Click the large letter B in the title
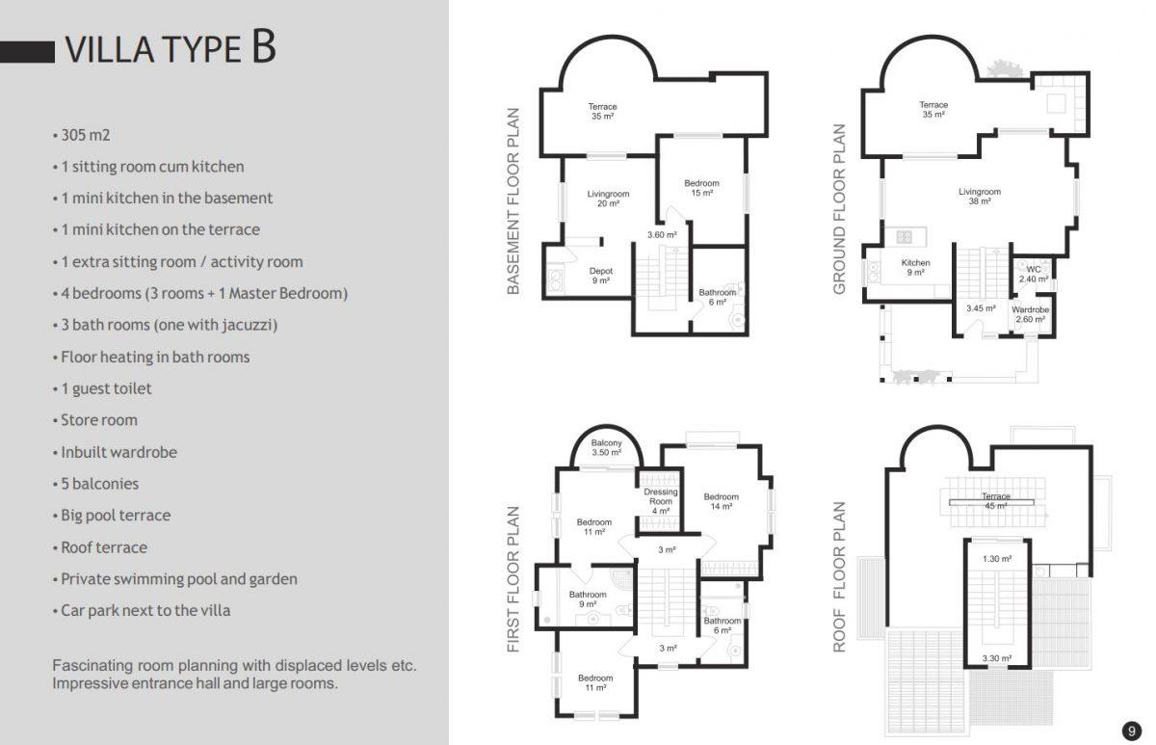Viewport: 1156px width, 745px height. pyautogui.click(x=264, y=46)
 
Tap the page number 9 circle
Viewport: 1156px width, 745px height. pyautogui.click(x=1131, y=731)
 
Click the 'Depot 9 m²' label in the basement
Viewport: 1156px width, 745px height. pyautogui.click(x=601, y=276)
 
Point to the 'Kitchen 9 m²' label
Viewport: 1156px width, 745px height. pyautogui.click(x=915, y=267)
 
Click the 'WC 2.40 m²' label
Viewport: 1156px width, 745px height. pyautogui.click(x=1033, y=274)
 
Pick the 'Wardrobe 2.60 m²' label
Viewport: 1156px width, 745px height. pyautogui.click(x=1030, y=314)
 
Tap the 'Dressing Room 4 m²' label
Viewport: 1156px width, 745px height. pyautogui.click(x=661, y=501)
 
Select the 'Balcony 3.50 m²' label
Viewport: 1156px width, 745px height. pyautogui.click(x=606, y=447)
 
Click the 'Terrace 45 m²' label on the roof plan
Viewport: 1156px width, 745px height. pyautogui.click(x=995, y=501)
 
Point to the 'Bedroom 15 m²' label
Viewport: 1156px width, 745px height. pyautogui.click(x=702, y=188)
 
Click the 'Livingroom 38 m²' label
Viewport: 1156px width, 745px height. pyautogui.click(x=980, y=197)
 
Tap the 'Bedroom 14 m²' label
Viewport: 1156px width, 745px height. pyautogui.click(x=721, y=501)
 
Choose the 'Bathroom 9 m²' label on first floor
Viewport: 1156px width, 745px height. pyautogui.click(x=588, y=599)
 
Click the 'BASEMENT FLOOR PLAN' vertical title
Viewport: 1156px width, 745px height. pyautogui.click(x=512, y=201)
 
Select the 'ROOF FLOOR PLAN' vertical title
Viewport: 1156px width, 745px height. pyautogui.click(x=839, y=577)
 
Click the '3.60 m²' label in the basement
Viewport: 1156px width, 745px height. pyautogui.click(x=662, y=235)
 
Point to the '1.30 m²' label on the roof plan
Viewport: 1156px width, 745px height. pyautogui.click(x=997, y=559)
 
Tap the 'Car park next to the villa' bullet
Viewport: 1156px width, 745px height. pyautogui.click(x=145, y=611)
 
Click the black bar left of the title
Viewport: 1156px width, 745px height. pyautogui.click(x=27, y=52)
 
